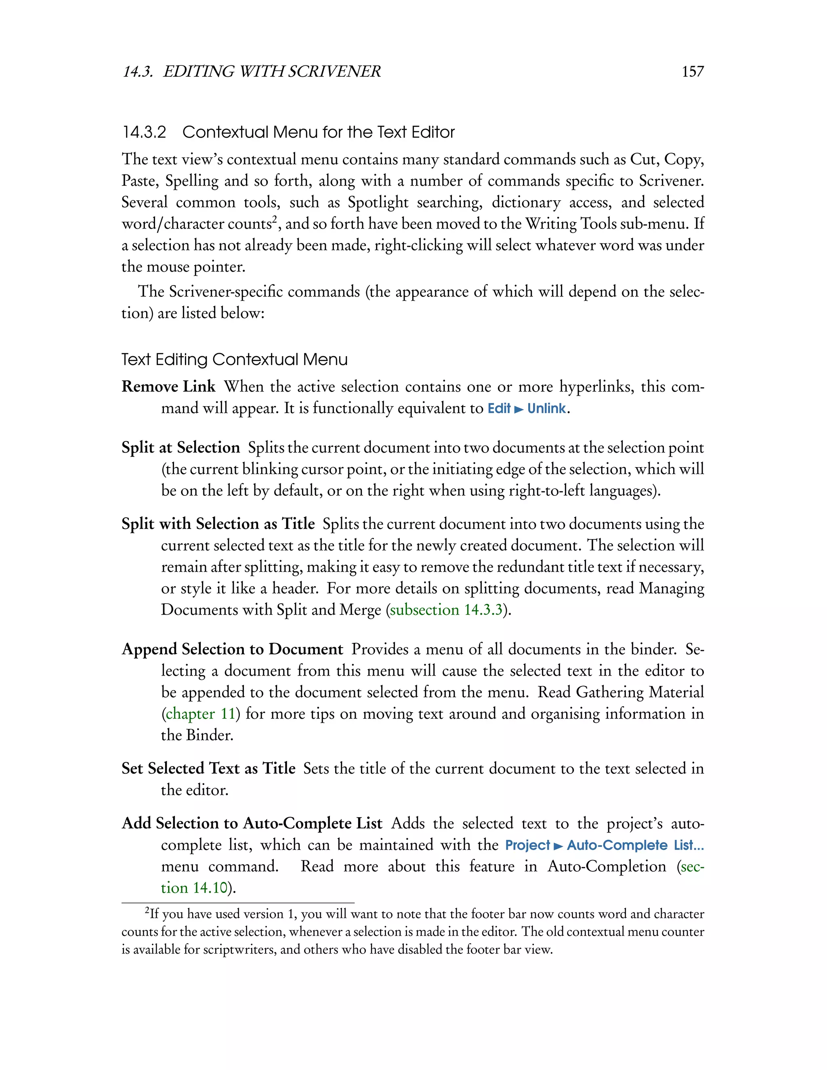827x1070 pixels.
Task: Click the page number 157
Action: point(692,71)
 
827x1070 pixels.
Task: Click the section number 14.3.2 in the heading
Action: point(144,132)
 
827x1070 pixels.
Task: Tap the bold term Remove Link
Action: point(168,386)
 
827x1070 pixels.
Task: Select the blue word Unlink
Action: point(546,409)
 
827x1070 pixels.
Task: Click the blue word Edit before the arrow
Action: point(499,409)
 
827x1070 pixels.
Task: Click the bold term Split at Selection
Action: point(180,448)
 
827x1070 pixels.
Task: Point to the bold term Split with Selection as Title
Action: point(218,524)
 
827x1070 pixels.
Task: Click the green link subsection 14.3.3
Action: point(446,610)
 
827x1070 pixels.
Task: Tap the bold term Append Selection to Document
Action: point(232,649)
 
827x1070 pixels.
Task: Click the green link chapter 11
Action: point(200,714)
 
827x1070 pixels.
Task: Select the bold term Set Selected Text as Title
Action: point(208,768)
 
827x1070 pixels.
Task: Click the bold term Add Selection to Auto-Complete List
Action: point(251,823)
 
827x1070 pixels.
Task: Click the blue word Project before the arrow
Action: point(527,846)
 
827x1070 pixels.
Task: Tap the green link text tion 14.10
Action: point(195,888)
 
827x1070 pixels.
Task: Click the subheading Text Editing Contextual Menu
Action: point(234,360)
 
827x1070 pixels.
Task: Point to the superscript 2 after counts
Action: point(275,219)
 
